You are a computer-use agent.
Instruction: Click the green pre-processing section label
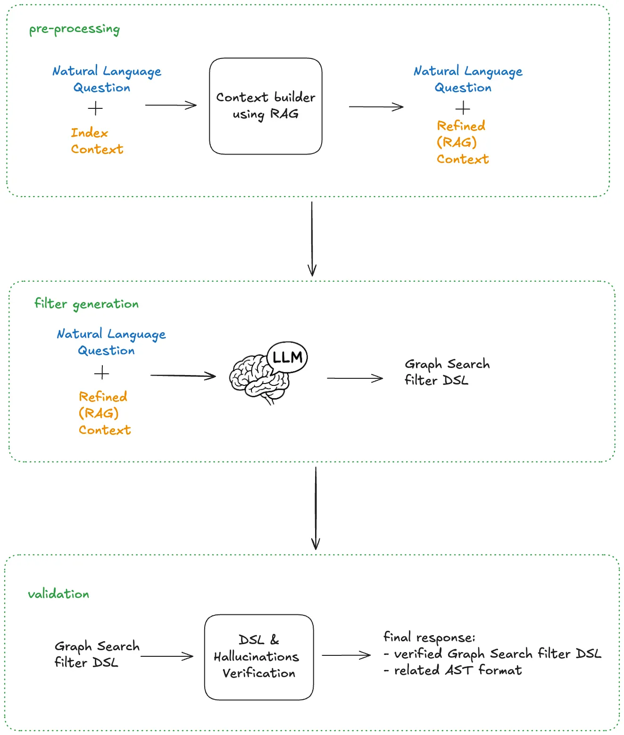tap(75, 29)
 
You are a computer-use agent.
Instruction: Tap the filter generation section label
tap(86, 304)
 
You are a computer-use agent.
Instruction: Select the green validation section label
tap(58, 594)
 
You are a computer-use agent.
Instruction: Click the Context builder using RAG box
tap(266, 106)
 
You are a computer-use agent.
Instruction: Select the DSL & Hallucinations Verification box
tap(259, 657)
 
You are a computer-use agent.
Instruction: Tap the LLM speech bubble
tap(287, 357)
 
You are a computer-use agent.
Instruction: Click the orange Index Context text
tap(97, 141)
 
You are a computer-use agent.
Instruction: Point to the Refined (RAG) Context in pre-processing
tap(462, 142)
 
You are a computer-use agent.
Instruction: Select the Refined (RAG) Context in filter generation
tap(104, 413)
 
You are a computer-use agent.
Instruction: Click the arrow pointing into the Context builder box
tap(170, 105)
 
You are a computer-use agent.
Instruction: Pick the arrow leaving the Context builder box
tap(376, 107)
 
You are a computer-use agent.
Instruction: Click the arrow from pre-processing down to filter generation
tap(312, 238)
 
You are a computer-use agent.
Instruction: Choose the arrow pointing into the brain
tap(183, 376)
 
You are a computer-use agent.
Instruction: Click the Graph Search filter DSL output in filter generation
tap(447, 372)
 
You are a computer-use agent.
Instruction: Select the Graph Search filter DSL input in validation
tap(97, 654)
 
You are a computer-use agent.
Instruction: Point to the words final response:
tap(429, 637)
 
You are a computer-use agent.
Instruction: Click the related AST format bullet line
tap(453, 670)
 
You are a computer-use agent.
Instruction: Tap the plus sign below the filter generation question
tap(101, 374)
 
